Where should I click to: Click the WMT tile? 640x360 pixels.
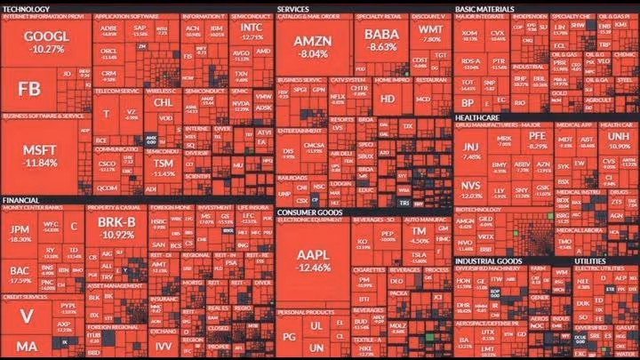[429, 35]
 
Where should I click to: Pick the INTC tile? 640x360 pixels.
[252, 33]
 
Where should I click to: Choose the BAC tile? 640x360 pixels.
[19, 275]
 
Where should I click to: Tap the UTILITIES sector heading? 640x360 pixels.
[591, 260]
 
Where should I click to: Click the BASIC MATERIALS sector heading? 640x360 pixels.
[486, 8]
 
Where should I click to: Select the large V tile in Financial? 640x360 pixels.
[27, 315]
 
